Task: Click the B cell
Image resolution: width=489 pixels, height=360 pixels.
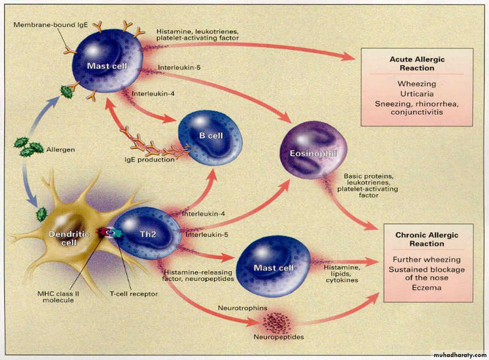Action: [210, 138]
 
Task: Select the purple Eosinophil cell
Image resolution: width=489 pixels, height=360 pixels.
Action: [313, 151]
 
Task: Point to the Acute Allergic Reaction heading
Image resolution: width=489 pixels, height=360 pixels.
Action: [417, 64]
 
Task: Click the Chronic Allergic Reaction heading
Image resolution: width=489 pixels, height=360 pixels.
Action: [427, 239]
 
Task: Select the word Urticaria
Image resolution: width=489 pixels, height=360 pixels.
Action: [417, 94]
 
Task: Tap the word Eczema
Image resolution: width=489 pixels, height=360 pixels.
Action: [427, 287]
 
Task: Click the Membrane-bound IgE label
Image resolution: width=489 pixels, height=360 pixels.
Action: [51, 25]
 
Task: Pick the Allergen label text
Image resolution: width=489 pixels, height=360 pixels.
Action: [61, 150]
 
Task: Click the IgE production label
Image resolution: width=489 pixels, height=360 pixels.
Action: [149, 160]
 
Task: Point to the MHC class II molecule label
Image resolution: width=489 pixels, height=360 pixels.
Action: [58, 297]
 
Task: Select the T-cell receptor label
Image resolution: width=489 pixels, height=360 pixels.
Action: [134, 294]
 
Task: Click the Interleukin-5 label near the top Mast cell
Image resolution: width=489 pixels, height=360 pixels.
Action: [179, 68]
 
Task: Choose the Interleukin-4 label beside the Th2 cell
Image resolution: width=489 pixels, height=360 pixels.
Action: [203, 214]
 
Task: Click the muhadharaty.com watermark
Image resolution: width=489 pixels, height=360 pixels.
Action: [460, 354]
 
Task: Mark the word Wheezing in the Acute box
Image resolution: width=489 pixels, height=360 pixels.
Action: [417, 84]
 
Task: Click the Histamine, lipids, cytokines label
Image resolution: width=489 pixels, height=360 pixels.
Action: [342, 274]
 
